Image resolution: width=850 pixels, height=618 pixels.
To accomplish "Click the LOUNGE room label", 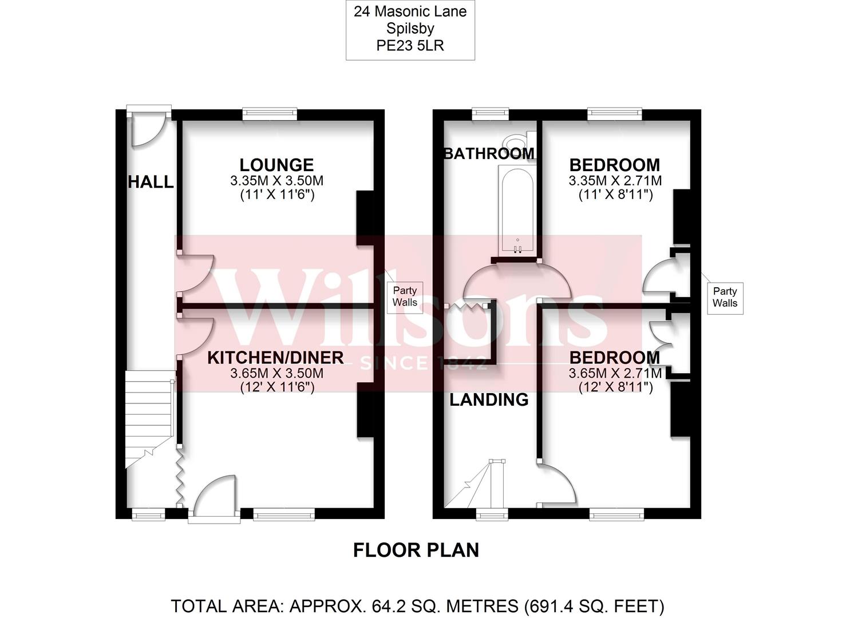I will click(x=276, y=165).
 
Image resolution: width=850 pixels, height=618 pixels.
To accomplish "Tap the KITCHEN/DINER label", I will click(x=275, y=358).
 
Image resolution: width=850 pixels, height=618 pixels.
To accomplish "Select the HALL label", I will click(x=151, y=182).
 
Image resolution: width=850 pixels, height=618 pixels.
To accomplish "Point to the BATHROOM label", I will click(x=489, y=153).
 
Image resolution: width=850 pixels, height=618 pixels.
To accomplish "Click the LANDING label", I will click(x=489, y=399).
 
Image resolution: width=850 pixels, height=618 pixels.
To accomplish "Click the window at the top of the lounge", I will click(x=270, y=114).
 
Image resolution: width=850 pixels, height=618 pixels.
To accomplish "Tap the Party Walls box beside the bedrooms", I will click(x=725, y=298).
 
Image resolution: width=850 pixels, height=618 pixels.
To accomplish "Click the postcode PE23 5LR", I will click(x=410, y=46).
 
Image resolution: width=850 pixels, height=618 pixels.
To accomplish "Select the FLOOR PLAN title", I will click(x=416, y=550).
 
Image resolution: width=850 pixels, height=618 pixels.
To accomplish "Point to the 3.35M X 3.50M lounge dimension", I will click(x=276, y=181).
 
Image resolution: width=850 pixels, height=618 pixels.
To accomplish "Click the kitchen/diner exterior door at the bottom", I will click(x=215, y=498).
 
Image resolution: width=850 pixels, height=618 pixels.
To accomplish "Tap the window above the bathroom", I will click(x=491, y=114).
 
